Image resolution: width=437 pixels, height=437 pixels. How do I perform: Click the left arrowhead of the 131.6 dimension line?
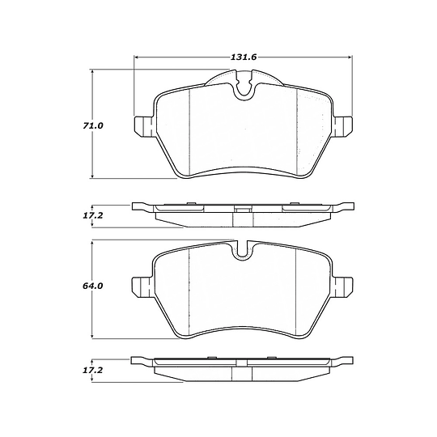click(x=136, y=57)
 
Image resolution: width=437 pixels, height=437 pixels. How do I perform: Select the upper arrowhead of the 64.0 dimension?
click(x=94, y=244)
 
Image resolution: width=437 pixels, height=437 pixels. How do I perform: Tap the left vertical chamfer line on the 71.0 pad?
click(x=189, y=129)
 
